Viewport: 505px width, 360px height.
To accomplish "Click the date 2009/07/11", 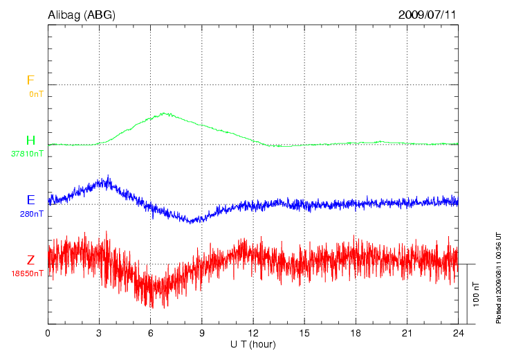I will point(428,14).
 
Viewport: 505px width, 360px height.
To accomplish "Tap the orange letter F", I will point(30,80).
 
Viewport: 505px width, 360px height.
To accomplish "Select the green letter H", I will point(30,141).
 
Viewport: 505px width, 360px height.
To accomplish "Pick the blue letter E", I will point(30,200).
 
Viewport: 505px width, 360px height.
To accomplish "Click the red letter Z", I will point(30,260).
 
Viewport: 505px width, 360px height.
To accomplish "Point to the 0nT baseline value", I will point(36,93).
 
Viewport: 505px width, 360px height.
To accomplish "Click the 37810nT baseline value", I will point(28,154).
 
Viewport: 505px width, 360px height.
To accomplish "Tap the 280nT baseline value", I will point(32,214).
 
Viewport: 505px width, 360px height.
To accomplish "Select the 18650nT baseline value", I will point(28,273).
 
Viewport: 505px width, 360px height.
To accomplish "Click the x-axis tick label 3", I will point(99,334).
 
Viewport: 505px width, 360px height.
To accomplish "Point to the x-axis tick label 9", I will point(202,334).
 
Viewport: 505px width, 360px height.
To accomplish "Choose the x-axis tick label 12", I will point(253,334).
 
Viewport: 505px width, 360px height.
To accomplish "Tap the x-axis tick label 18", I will point(356,334).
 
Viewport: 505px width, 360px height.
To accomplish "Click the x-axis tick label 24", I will point(458,334).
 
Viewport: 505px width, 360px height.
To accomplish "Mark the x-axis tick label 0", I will point(48,334).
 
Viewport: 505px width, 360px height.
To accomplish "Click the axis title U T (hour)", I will point(253,344).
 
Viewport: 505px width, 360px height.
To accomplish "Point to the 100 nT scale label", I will point(476,294).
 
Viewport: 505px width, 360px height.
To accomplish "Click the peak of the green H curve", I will point(164,113).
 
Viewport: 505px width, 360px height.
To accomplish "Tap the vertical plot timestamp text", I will point(499,277).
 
